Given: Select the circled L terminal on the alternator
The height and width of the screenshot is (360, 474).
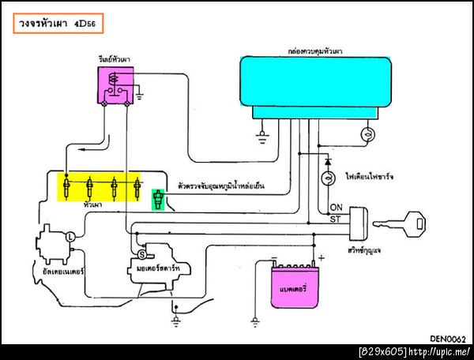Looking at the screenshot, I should point(70,236).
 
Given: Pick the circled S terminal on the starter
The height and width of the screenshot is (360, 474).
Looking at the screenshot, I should point(142,254).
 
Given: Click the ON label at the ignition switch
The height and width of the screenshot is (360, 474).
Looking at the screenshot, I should point(335,208).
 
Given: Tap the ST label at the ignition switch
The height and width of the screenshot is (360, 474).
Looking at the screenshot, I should point(335,219).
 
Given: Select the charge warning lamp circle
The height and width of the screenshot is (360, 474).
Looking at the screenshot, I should point(328,179).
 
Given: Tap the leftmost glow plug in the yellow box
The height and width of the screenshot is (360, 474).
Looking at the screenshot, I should point(67,188).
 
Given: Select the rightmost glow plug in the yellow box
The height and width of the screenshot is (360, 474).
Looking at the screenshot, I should point(137,188).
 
